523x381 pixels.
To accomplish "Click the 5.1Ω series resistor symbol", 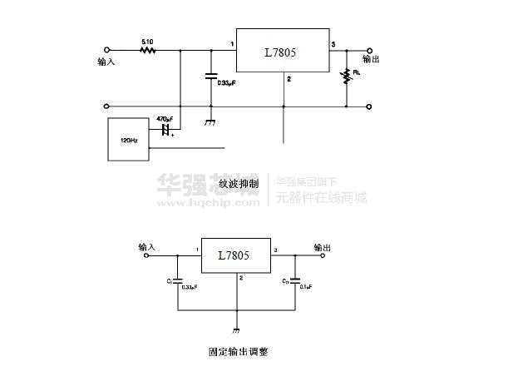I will (x=148, y=50).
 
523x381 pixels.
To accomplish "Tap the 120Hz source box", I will (x=128, y=140).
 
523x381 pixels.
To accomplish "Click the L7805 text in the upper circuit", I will (x=280, y=52).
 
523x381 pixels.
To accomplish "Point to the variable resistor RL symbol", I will (x=346, y=77).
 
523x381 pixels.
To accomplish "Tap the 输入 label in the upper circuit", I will (x=106, y=62).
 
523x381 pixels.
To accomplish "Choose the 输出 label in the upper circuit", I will (x=371, y=60).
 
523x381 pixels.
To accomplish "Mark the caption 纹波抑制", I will (x=239, y=183).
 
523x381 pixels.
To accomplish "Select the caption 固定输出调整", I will (x=238, y=352).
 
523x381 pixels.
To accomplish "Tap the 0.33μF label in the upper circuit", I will (x=225, y=83).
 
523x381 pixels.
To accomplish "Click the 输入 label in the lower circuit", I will (x=147, y=247).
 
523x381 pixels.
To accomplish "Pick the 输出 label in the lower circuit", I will (x=322, y=247).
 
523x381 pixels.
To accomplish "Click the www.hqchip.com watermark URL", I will (x=208, y=200).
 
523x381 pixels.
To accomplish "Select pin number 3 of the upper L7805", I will (x=333, y=43).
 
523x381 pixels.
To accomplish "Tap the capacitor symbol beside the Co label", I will (x=295, y=280).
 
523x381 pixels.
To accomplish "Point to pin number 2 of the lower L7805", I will (x=241, y=278).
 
